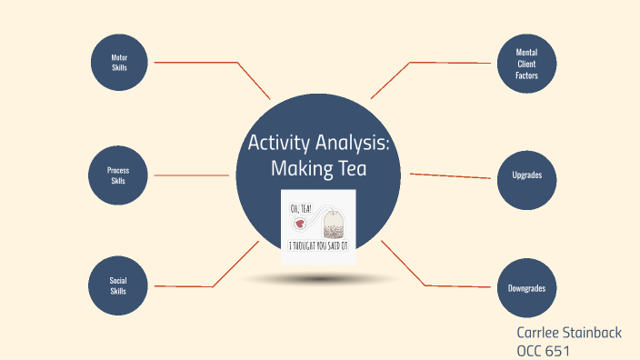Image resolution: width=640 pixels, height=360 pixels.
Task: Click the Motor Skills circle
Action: point(119,63)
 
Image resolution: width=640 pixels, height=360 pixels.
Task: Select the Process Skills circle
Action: point(117,175)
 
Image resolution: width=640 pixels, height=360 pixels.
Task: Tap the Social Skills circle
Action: point(117,286)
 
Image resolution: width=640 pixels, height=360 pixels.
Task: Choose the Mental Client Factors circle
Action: point(526,64)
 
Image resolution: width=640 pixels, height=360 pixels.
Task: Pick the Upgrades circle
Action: point(526,175)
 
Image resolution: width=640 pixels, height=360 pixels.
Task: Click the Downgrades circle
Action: point(526,287)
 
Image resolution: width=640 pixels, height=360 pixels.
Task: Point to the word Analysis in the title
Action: point(351,144)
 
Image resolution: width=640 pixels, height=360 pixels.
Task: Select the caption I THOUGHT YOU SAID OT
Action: point(318,245)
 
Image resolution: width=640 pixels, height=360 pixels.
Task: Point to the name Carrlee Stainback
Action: point(568,333)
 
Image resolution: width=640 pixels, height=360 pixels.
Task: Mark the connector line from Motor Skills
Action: point(209,63)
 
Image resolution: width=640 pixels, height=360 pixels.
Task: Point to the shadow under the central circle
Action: point(318,278)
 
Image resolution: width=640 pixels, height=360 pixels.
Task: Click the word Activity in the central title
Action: point(279,144)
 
